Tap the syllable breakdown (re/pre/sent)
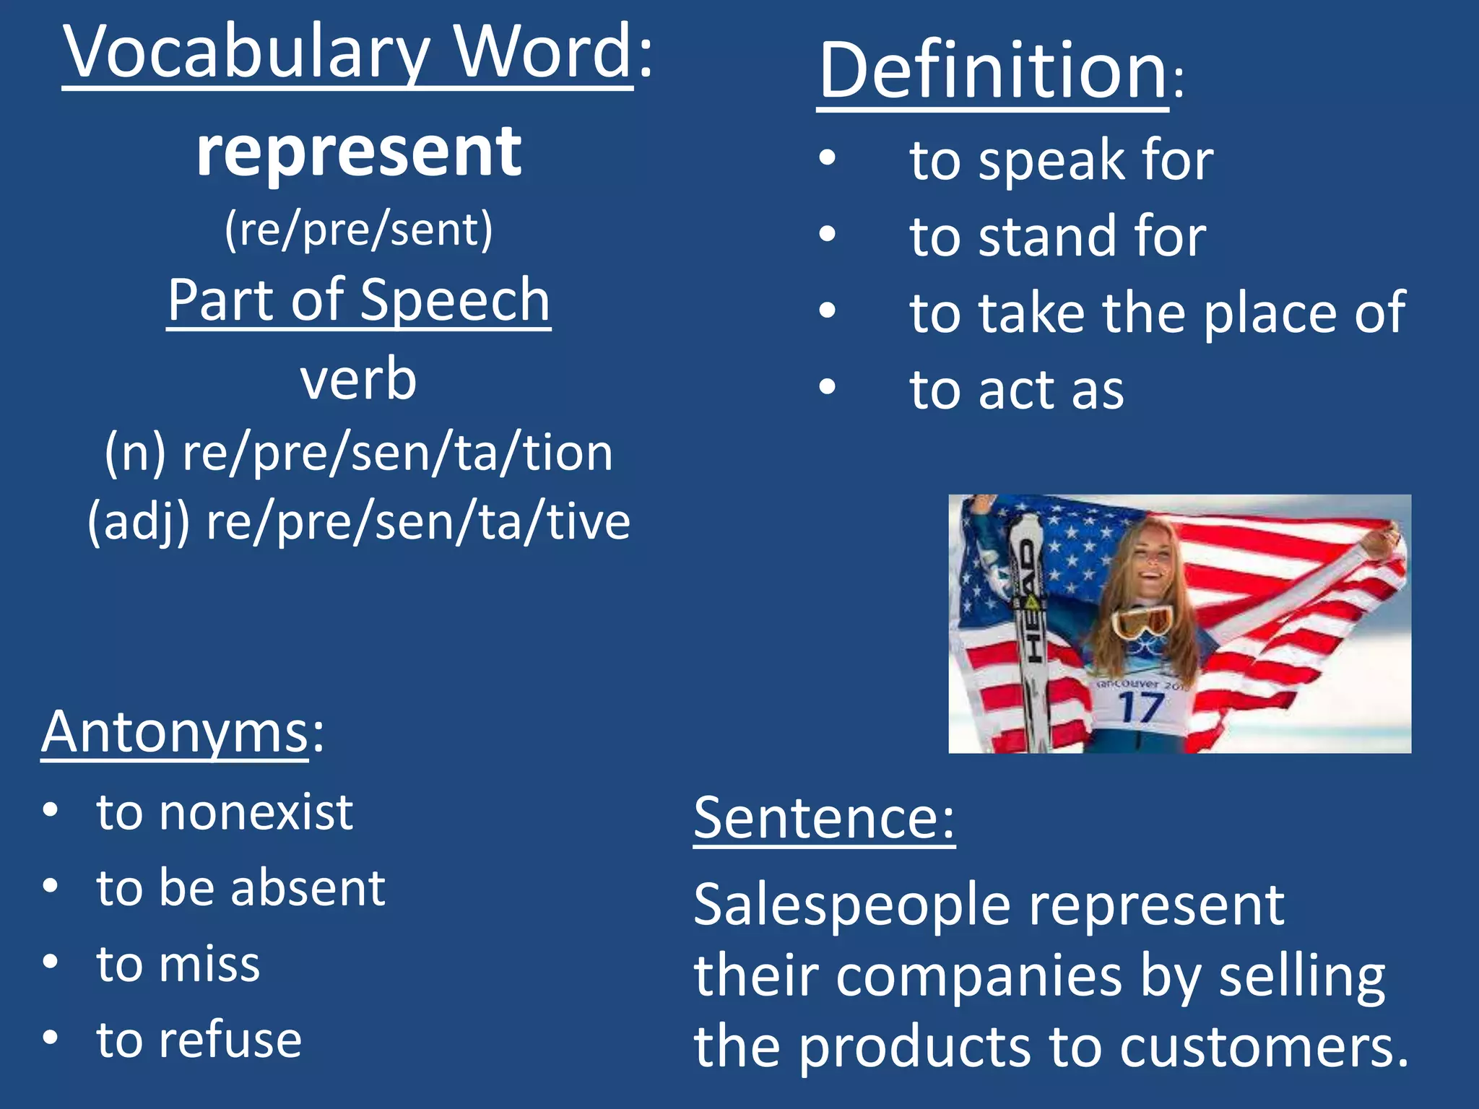pos(359,231)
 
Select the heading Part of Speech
pos(359,300)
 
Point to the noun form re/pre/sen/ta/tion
pos(397,453)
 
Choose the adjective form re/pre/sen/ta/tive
pos(417,521)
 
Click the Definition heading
pos(993,72)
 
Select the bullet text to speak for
pos(1062,160)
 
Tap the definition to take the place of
pos(1158,313)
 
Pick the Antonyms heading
pos(175,732)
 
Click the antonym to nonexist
pos(225,812)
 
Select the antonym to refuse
pos(199,1040)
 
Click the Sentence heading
pos(824,818)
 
